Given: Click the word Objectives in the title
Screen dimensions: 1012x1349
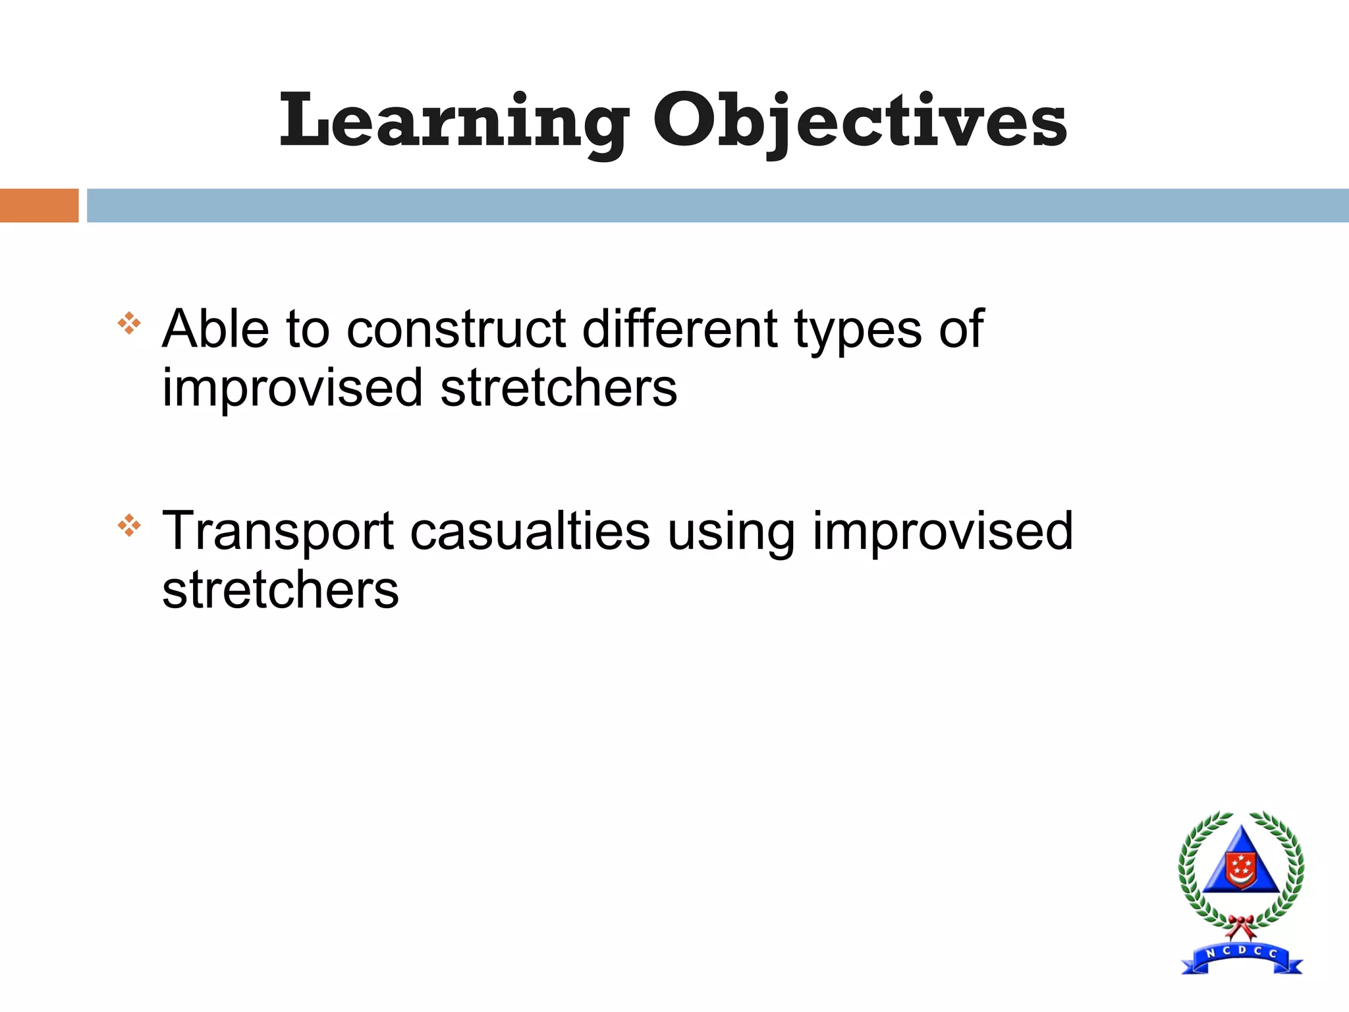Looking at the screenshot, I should point(860,122).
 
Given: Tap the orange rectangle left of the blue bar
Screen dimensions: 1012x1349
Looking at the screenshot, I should point(39,206).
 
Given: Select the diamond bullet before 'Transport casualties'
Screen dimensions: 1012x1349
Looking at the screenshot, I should point(129,525).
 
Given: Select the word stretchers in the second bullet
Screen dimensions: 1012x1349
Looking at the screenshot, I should point(281,590).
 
